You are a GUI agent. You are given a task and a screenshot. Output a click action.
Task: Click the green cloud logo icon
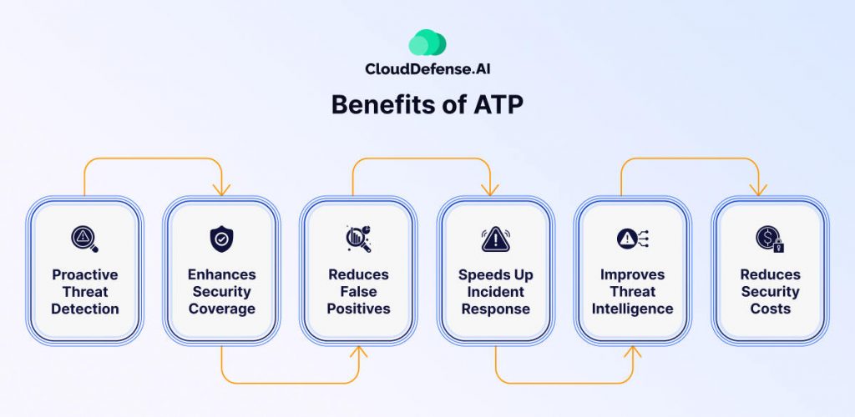coord(427,43)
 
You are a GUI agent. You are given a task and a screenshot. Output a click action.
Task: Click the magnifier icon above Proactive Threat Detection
coord(84,239)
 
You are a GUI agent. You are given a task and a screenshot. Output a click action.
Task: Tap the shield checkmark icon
coord(221,239)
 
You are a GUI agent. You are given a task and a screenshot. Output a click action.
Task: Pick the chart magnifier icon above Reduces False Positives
coord(358,239)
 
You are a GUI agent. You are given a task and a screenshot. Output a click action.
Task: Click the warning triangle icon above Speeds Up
coord(496,239)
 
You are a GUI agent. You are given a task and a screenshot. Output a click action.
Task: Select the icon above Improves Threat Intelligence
coord(633,239)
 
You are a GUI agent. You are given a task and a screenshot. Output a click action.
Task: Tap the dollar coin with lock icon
coord(770,239)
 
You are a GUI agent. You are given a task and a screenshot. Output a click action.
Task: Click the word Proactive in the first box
coord(85,274)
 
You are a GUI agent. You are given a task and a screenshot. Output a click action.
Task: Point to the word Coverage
coord(222,309)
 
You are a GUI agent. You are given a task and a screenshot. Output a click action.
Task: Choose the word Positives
coord(359,309)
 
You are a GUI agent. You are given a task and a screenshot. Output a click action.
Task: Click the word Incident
coord(496,292)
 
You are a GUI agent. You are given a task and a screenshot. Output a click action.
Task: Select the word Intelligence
coord(633,309)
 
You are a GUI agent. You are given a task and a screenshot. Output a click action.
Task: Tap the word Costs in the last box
coord(770,309)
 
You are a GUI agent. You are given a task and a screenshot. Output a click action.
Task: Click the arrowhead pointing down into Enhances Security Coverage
coord(221,190)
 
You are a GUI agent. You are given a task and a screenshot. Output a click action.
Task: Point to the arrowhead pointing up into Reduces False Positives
coord(358,352)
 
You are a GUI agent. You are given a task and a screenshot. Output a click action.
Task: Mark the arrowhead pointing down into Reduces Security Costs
coord(758,190)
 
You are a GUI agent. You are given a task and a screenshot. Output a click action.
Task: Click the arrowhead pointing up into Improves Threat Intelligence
coord(633,352)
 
